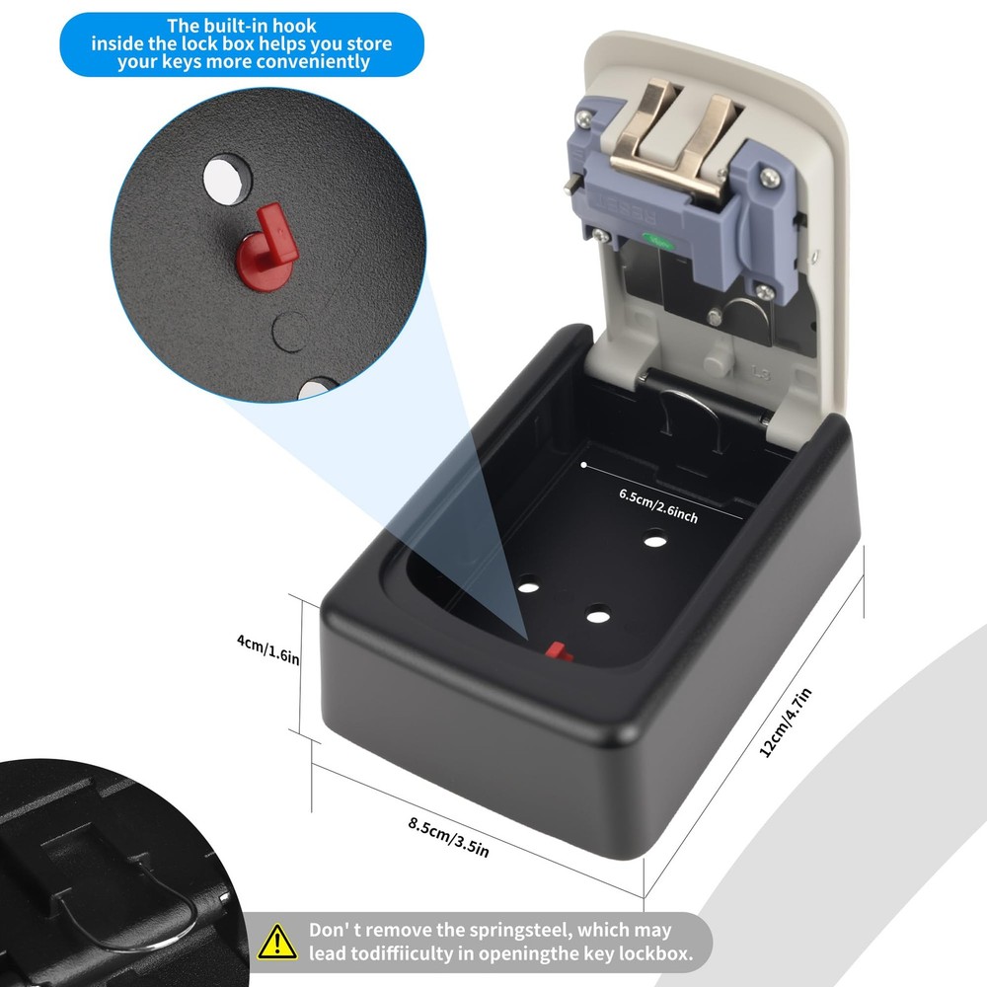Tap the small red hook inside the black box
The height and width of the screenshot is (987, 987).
click(558, 651)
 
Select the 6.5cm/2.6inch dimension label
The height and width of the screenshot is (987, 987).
click(658, 504)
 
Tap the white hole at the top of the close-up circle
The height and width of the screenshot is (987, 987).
click(227, 178)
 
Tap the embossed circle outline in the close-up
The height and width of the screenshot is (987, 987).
click(288, 331)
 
